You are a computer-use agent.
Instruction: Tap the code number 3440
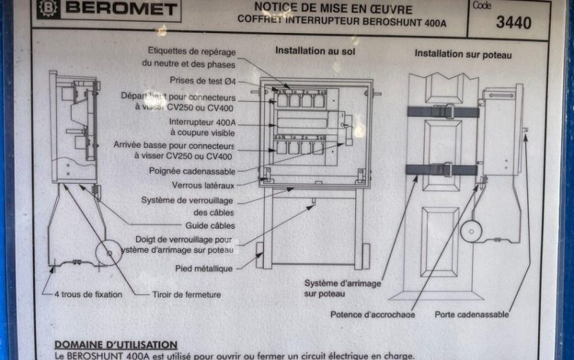click(x=513, y=22)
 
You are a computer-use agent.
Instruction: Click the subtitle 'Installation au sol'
click(x=315, y=52)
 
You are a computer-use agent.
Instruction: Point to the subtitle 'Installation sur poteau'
click(x=463, y=54)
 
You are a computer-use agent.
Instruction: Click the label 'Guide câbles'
click(x=210, y=226)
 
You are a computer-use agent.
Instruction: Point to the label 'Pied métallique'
click(x=204, y=267)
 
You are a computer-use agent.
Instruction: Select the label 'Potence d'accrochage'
click(x=373, y=314)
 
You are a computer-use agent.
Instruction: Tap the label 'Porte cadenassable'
click(x=471, y=314)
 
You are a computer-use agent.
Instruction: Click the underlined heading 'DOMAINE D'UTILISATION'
click(x=116, y=345)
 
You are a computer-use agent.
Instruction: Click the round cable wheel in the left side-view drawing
click(x=109, y=252)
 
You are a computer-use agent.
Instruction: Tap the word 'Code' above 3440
click(x=482, y=5)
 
